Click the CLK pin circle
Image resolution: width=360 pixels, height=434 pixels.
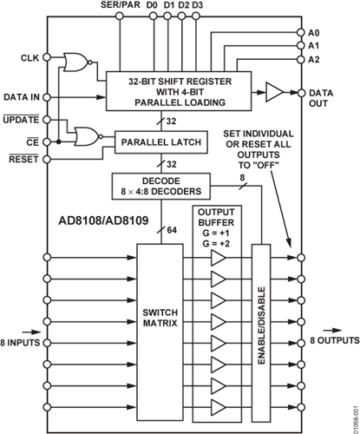coord(47,57)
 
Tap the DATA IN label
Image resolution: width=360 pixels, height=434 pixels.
coord(22,97)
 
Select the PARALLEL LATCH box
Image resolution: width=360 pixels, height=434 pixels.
coord(161,142)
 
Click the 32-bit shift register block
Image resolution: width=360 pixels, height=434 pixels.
coord(179,91)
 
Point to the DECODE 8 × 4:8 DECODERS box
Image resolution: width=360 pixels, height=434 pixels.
coord(161,187)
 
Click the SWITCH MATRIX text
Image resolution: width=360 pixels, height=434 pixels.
coord(160,318)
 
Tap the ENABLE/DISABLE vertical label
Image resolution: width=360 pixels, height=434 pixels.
coord(261,325)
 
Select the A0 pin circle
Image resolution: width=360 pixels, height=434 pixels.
coord(301,32)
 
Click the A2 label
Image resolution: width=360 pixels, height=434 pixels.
coord(314,60)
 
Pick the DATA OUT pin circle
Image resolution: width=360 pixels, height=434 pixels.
coord(301,93)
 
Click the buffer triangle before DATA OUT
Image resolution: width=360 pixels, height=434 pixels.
coord(274,93)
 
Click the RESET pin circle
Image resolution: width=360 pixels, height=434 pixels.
coord(47,159)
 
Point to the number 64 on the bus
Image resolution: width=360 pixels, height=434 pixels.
coord(172,230)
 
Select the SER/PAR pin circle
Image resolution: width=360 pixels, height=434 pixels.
coord(120,16)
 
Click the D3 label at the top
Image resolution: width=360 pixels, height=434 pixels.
coord(197,5)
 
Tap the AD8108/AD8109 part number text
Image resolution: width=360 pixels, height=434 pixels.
coord(103,220)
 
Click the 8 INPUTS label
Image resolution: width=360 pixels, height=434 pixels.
coord(20,343)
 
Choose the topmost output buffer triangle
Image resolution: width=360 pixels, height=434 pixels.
coord(219,258)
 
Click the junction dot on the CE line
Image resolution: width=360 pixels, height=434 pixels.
coord(59,142)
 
